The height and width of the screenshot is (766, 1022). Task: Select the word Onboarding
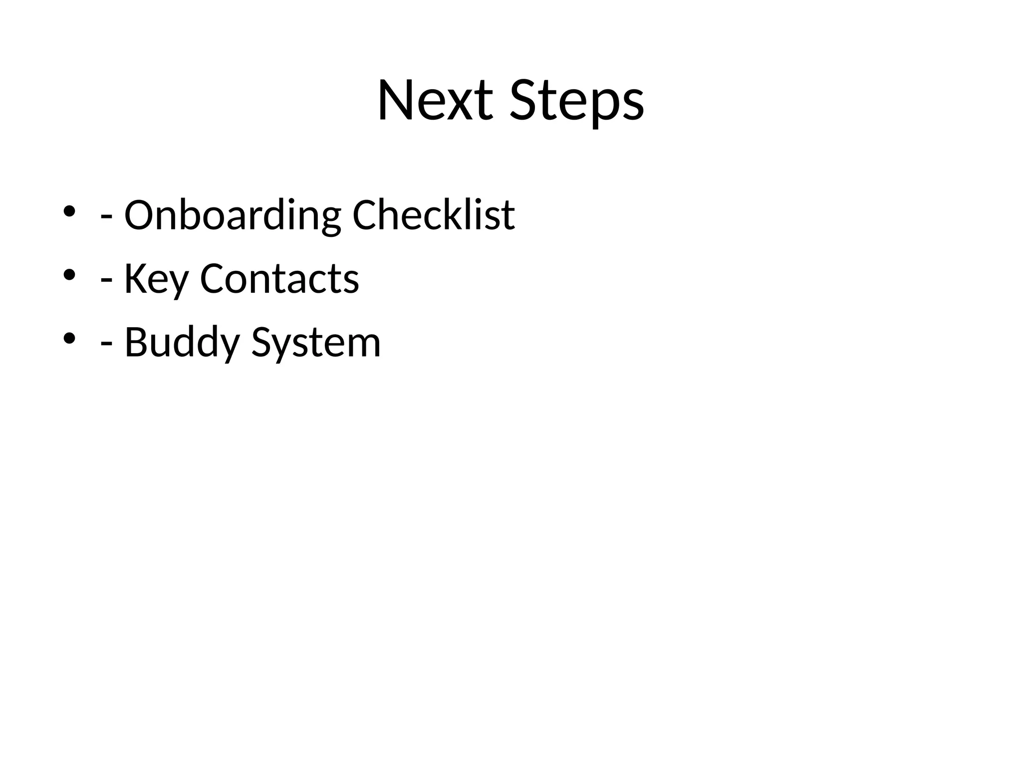point(233,215)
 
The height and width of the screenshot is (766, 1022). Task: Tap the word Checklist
point(434,215)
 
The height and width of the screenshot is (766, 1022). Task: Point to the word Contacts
point(279,279)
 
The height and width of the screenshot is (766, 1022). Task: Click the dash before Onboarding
point(106,218)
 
